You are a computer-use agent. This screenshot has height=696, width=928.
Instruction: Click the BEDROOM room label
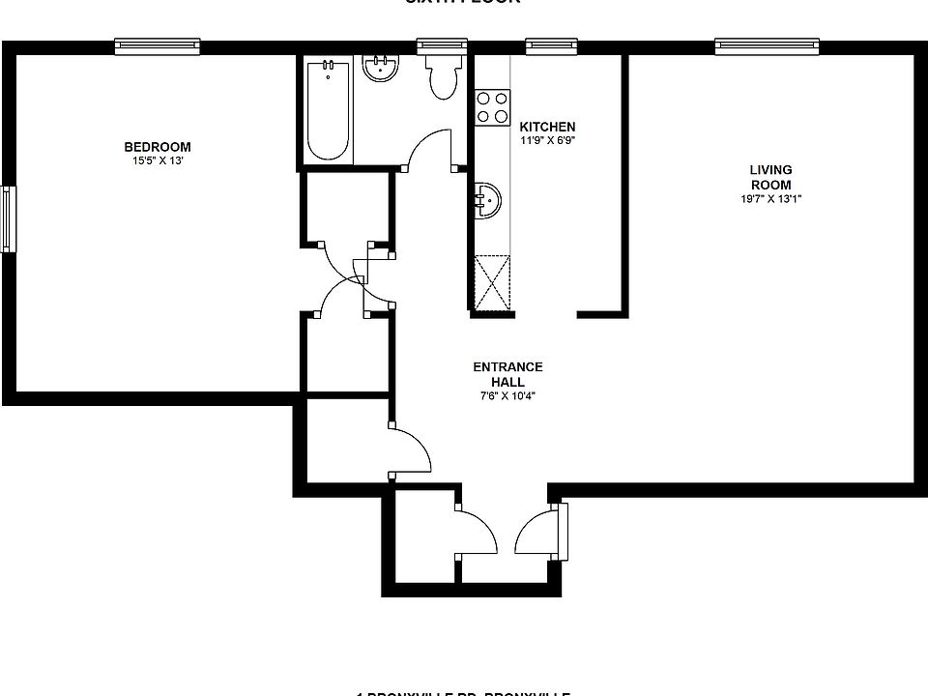pyautogui.click(x=157, y=147)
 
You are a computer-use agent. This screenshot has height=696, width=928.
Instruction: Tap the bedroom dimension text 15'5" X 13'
pyautogui.click(x=157, y=161)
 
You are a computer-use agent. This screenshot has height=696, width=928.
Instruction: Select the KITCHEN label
pyautogui.click(x=547, y=127)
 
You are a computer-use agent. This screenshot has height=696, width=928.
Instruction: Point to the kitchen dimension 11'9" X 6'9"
pyautogui.click(x=547, y=140)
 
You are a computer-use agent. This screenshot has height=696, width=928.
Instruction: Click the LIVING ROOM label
pyautogui.click(x=770, y=177)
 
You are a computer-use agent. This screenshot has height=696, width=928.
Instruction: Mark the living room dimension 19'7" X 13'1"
pyautogui.click(x=770, y=199)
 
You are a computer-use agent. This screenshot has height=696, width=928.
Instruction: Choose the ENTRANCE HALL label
pyautogui.click(x=507, y=374)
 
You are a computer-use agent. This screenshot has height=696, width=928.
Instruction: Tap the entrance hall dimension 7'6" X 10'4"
pyautogui.click(x=507, y=395)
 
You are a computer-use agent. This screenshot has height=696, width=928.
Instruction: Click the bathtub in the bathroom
pyautogui.click(x=328, y=110)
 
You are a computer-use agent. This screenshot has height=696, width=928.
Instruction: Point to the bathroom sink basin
pyautogui.click(x=380, y=69)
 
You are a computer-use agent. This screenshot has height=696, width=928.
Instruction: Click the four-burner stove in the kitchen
pyautogui.click(x=493, y=106)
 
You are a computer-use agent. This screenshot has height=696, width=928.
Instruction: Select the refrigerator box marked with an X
pyautogui.click(x=493, y=283)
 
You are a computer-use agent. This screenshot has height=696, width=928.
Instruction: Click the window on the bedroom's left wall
pyautogui.click(x=9, y=219)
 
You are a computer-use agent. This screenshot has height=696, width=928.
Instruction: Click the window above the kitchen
pyautogui.click(x=548, y=44)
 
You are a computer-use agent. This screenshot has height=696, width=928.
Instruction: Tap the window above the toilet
pyautogui.click(x=442, y=44)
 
